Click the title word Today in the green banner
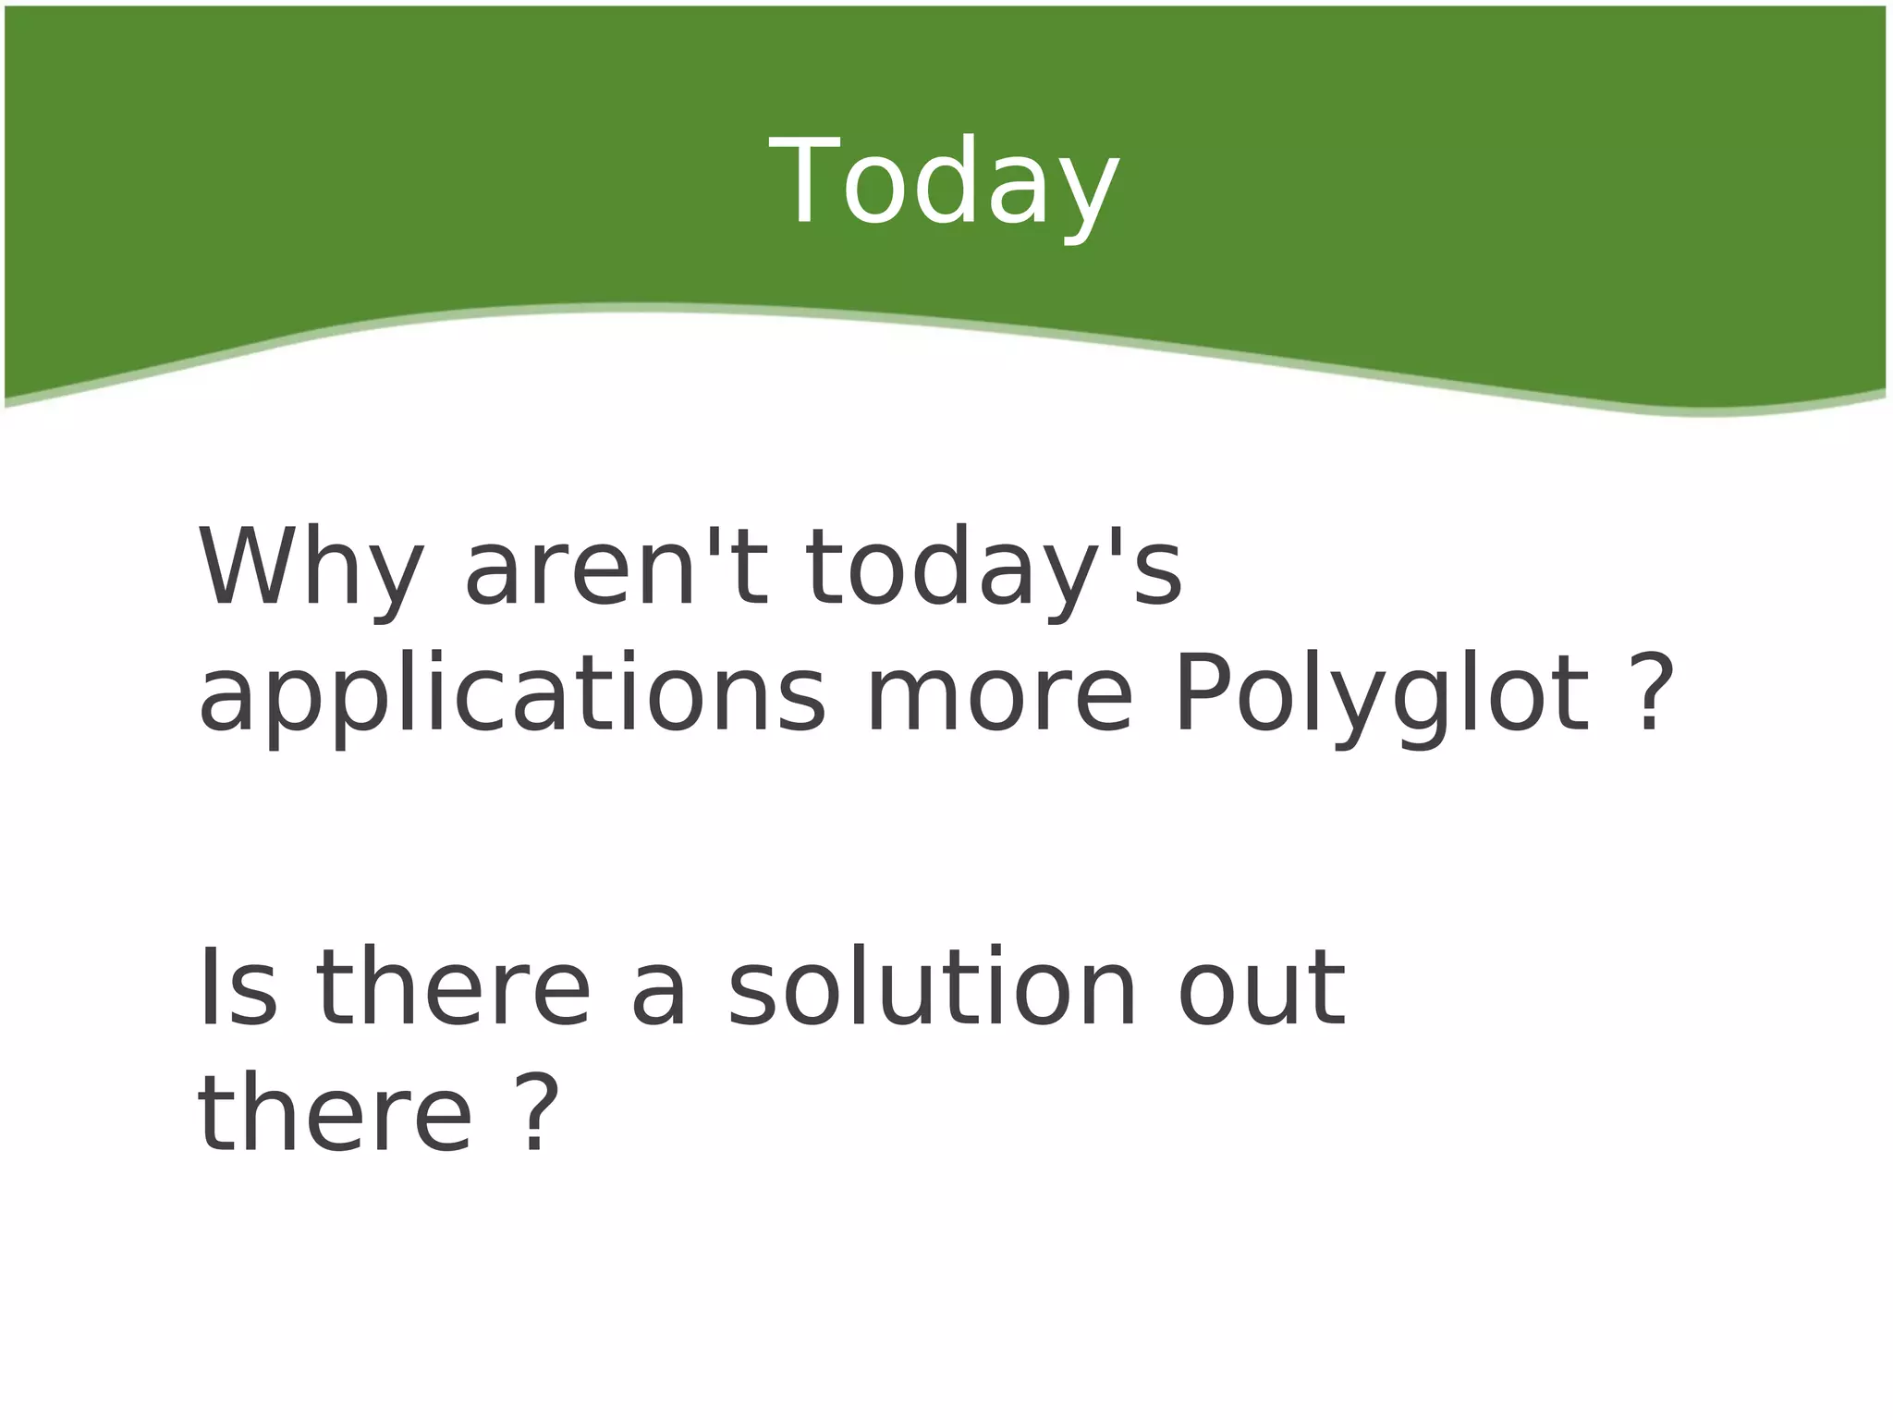(945, 183)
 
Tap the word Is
(237, 987)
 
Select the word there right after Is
(453, 987)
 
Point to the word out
(1262, 987)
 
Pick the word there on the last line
(335, 1115)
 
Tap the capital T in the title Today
(802, 180)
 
